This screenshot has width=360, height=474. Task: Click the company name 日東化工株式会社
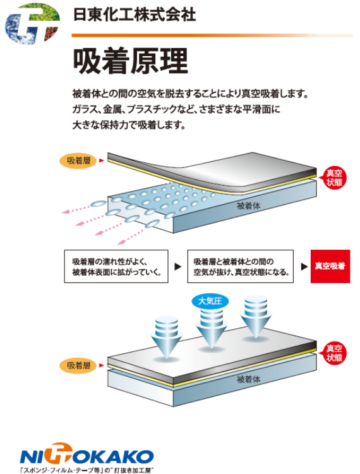click(135, 15)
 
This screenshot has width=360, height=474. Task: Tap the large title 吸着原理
click(131, 61)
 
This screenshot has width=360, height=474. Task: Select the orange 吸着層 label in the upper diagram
click(78, 161)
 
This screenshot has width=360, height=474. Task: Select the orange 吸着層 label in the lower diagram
click(78, 365)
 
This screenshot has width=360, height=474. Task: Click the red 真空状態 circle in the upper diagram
click(334, 178)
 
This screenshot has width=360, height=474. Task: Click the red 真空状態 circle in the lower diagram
click(334, 353)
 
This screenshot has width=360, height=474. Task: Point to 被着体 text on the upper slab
click(248, 206)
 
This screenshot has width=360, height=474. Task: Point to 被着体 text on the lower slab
click(248, 379)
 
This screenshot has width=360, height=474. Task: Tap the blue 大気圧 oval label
click(210, 301)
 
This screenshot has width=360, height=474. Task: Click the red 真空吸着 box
click(330, 266)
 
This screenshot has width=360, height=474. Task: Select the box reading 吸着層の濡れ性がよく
click(116, 266)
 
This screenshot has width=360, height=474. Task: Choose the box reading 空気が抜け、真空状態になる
click(241, 266)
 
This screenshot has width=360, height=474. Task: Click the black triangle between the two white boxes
click(178, 267)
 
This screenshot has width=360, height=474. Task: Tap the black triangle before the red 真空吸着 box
click(304, 267)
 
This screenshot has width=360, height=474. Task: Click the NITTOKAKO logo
click(87, 454)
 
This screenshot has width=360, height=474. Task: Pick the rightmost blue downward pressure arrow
click(256, 317)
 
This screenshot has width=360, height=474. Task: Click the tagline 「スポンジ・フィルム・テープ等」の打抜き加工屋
click(85, 470)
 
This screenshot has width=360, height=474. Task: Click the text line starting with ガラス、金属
click(176, 109)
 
